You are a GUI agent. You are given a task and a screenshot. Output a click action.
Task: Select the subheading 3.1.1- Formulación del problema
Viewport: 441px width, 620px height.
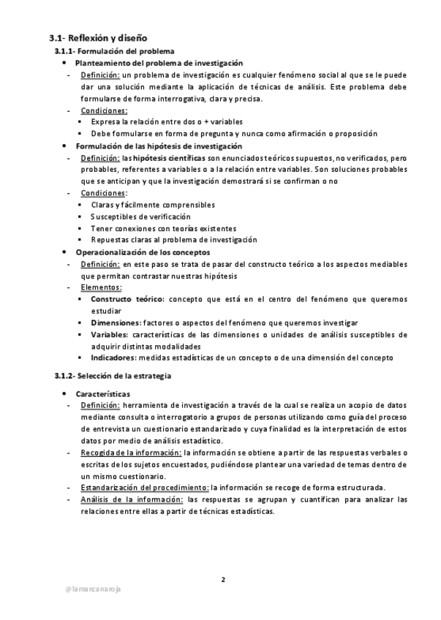click(115, 51)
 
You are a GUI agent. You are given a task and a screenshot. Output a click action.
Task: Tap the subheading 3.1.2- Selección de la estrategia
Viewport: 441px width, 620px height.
click(113, 376)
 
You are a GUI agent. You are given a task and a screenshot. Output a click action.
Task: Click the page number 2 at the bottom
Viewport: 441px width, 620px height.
click(223, 580)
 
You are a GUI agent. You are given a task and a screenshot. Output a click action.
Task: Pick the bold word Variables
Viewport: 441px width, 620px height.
click(110, 334)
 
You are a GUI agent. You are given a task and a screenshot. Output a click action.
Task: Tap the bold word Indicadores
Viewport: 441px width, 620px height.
click(113, 358)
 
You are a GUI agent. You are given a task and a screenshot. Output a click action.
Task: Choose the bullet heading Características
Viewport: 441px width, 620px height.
click(103, 393)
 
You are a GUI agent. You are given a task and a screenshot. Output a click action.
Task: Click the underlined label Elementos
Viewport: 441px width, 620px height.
click(101, 287)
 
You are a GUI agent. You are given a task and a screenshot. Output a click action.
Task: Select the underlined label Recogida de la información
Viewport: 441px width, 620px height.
click(131, 453)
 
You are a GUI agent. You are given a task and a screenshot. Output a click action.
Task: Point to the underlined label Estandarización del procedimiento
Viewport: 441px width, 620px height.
click(145, 488)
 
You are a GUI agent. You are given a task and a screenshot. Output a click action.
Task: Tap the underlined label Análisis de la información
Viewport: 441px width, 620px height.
click(132, 499)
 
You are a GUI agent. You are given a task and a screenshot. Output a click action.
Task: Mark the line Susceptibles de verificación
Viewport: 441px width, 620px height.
click(140, 216)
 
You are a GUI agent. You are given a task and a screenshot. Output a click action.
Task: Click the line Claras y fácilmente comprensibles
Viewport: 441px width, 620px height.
click(153, 205)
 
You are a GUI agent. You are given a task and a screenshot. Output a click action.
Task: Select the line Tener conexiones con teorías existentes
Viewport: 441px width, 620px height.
click(163, 228)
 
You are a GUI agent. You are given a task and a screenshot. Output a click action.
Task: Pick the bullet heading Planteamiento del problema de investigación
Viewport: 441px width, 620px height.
click(159, 64)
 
